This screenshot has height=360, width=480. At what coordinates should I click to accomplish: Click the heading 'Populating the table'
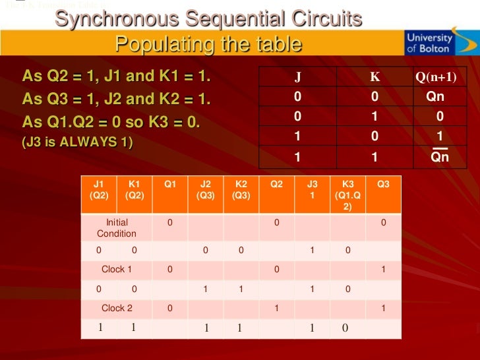208,44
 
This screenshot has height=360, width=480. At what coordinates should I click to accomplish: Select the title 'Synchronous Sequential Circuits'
208,19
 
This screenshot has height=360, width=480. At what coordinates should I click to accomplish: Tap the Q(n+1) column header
436,76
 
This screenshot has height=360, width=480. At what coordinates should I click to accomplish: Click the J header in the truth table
298,76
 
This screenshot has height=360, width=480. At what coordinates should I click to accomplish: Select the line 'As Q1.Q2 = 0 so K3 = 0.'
111,123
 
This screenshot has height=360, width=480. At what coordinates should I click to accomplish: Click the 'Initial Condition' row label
117,227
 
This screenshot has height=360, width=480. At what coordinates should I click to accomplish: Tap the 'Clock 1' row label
117,269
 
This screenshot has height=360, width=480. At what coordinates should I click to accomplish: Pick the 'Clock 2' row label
117,308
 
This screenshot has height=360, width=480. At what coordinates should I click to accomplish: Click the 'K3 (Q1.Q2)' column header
347,195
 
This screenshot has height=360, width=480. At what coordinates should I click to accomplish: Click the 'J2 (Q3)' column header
205,190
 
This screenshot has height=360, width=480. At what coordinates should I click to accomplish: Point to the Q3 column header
383,185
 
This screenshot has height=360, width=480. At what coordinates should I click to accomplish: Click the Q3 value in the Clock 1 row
383,269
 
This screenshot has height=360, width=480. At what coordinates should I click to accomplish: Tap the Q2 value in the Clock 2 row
277,308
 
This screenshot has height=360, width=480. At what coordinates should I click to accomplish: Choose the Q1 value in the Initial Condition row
169,223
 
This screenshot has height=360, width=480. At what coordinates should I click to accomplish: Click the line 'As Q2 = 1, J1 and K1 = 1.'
117,76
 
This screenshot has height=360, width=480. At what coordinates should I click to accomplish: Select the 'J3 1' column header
312,190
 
